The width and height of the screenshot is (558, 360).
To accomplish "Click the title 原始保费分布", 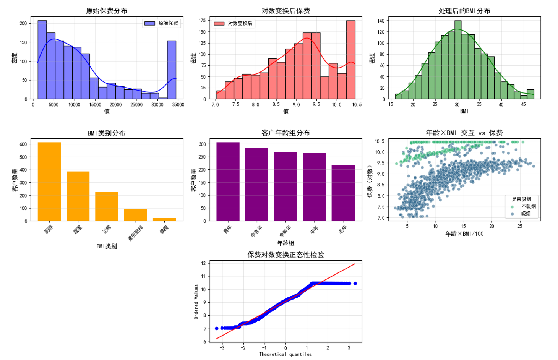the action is pos(107,11).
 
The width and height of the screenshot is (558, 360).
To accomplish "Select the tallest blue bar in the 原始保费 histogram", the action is pos(42,60).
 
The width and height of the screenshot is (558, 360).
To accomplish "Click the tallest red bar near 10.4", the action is pos(351,60).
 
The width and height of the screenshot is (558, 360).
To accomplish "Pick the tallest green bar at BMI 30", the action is pos(458,60).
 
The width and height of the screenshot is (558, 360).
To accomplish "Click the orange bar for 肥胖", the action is pos(49,182).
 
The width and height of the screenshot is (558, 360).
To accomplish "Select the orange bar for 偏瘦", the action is pos(164,219).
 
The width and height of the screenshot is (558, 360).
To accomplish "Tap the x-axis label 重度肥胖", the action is pos(136,233).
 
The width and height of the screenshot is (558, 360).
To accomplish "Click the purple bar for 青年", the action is pos(228,182).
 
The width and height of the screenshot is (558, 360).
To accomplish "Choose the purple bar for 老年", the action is pos(343,193).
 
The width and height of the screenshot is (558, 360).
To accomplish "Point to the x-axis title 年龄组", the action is pos(286,243).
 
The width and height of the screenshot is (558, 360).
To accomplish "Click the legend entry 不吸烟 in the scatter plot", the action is pos(529,206).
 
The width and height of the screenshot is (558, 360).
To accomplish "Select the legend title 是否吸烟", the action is pos(521,199).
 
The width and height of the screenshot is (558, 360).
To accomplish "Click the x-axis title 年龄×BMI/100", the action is pos(464,234).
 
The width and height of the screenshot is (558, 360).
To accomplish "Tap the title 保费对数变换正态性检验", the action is pos(286,255).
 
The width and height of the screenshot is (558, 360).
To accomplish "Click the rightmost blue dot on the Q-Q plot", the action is pos(355,284).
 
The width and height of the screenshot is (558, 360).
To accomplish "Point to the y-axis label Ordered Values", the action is pos(196,302).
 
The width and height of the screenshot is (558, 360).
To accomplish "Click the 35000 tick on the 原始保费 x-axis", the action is pos(178,105).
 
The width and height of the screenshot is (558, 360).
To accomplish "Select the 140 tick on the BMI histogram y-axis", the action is pos(381,21).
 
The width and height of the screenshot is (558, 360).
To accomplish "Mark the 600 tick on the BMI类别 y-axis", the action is pos(23,144).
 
